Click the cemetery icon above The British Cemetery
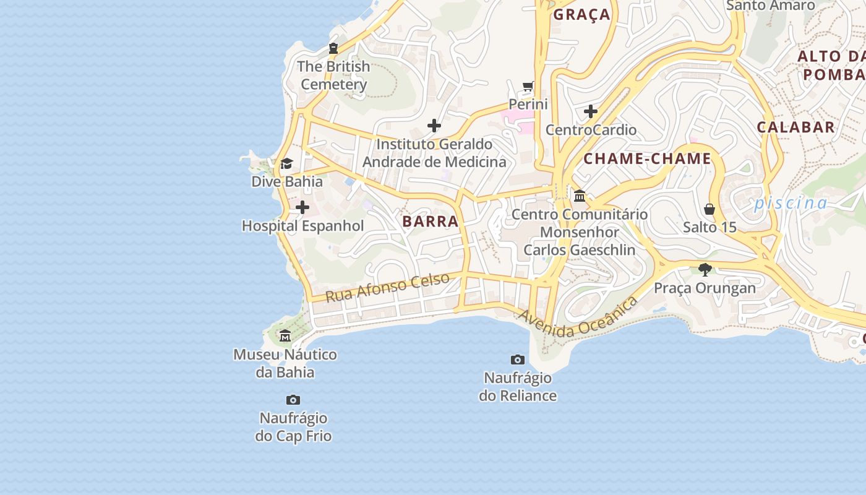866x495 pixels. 333,48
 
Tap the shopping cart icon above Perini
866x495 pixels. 528,87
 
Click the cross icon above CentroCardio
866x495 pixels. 591,112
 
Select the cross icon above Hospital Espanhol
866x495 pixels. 302,207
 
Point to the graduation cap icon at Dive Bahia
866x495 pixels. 286,164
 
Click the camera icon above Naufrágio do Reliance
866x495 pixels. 518,359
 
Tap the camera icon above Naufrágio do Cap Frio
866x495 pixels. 293,400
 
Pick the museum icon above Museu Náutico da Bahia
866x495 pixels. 285,336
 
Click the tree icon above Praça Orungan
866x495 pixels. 705,269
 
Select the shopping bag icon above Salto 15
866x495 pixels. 710,209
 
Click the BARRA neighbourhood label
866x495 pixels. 431,222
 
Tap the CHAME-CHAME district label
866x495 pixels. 648,158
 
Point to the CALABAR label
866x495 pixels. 796,127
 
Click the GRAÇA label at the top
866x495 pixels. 581,15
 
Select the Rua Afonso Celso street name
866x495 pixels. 387,288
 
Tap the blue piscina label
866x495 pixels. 791,203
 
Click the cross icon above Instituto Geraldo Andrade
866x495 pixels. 434,126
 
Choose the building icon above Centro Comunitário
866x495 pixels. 580,196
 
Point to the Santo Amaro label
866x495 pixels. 771,6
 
